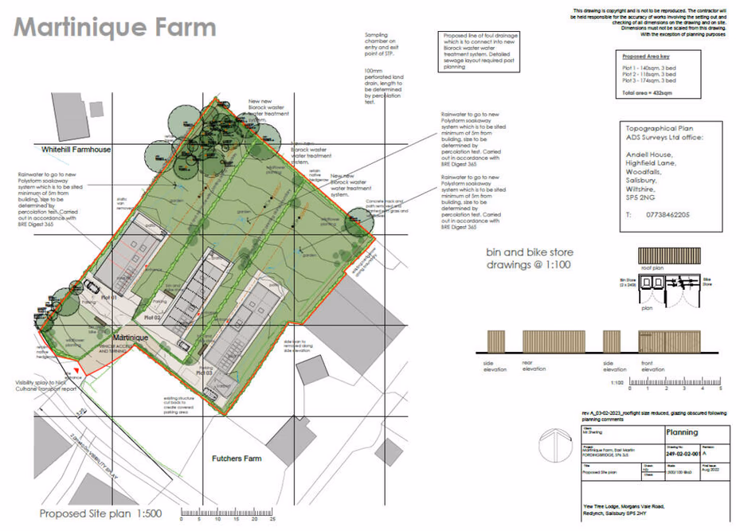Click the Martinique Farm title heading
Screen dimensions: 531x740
point(116,27)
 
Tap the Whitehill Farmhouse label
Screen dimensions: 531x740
point(76,149)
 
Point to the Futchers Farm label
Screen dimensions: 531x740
point(237,459)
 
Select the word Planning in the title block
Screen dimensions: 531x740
point(681,432)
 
